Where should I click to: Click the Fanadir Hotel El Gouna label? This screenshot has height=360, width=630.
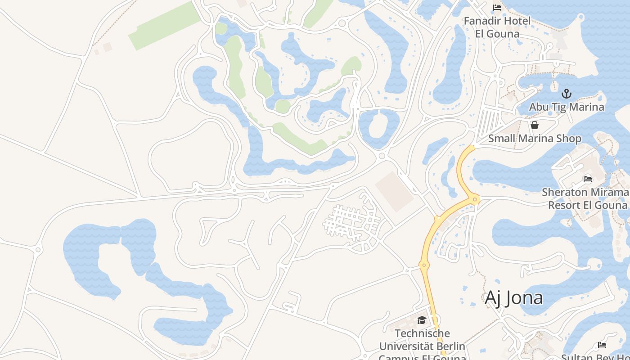(497, 27)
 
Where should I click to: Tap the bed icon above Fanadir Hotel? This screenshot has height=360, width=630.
(497, 8)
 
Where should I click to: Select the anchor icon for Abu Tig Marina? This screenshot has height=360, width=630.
(567, 94)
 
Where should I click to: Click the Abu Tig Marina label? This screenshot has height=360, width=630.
(567, 107)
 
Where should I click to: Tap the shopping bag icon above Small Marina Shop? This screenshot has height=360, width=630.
(535, 125)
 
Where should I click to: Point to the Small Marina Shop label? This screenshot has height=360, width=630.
(535, 139)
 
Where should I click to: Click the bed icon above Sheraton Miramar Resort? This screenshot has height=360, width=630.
(588, 179)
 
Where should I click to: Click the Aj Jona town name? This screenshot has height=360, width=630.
(513, 298)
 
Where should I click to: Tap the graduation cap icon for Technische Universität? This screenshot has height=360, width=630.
(422, 320)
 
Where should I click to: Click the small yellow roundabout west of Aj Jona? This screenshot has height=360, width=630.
(423, 265)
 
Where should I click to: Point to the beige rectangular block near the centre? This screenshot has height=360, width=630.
(394, 191)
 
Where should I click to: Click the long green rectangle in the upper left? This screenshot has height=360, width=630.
(165, 26)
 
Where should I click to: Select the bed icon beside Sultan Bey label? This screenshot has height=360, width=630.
(602, 345)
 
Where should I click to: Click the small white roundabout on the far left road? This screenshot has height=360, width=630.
(38, 249)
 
